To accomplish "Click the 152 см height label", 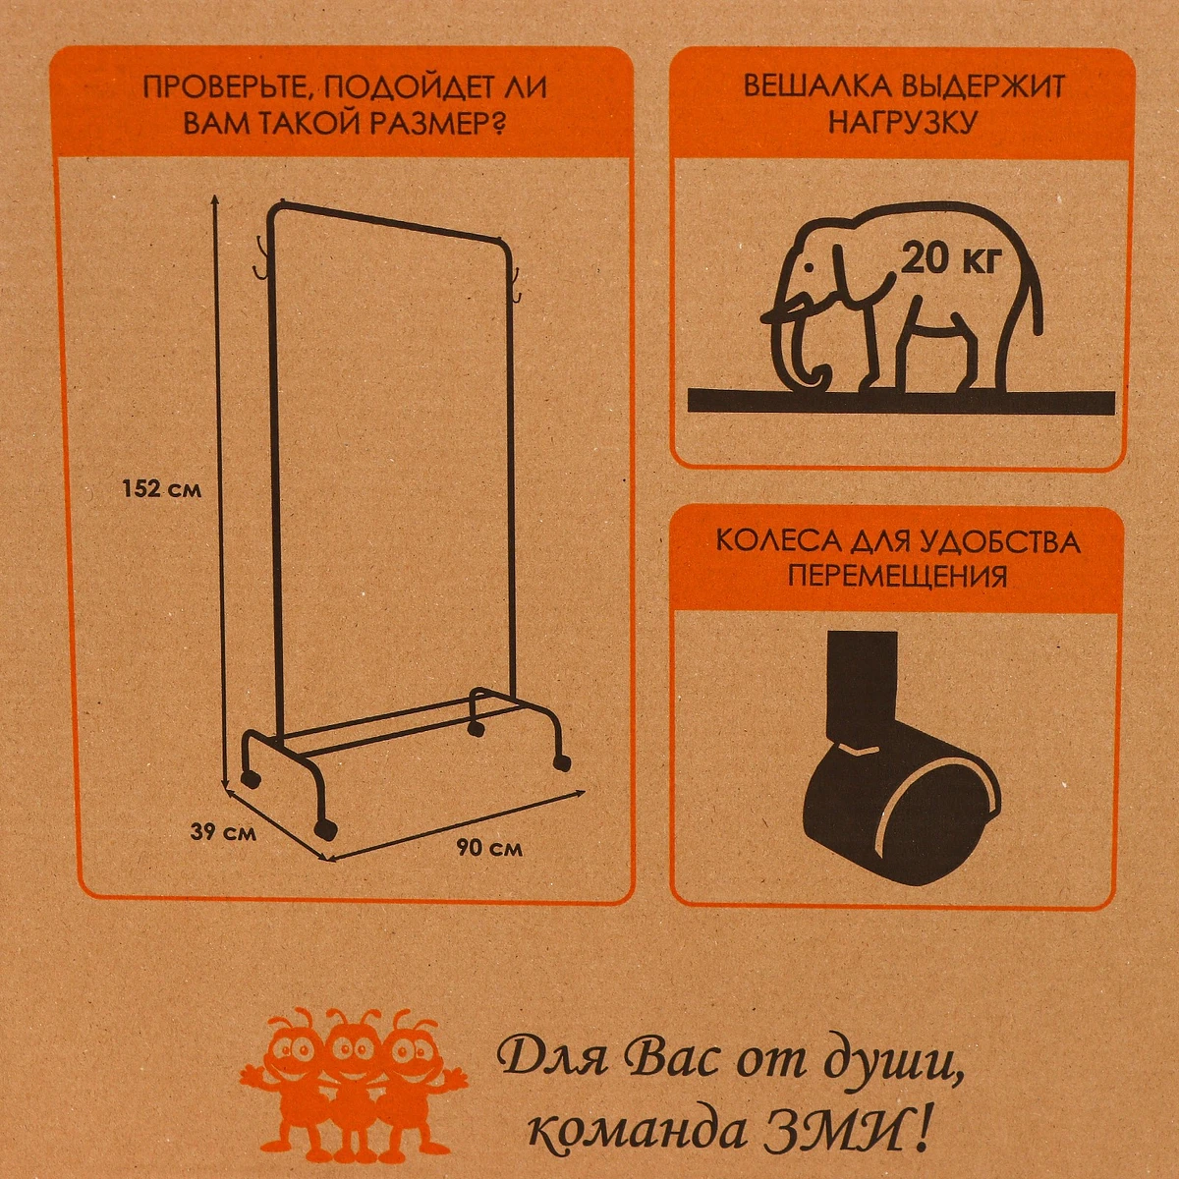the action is [161, 489].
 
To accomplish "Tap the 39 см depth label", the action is [223, 832].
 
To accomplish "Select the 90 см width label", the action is [489, 848].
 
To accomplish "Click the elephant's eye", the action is [810, 267].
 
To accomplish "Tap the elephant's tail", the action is [1033, 288].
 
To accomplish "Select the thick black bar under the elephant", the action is [901, 402].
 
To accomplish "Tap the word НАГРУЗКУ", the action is [902, 123].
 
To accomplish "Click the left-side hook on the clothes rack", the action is [263, 257].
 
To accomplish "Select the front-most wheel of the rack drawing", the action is [325, 830].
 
